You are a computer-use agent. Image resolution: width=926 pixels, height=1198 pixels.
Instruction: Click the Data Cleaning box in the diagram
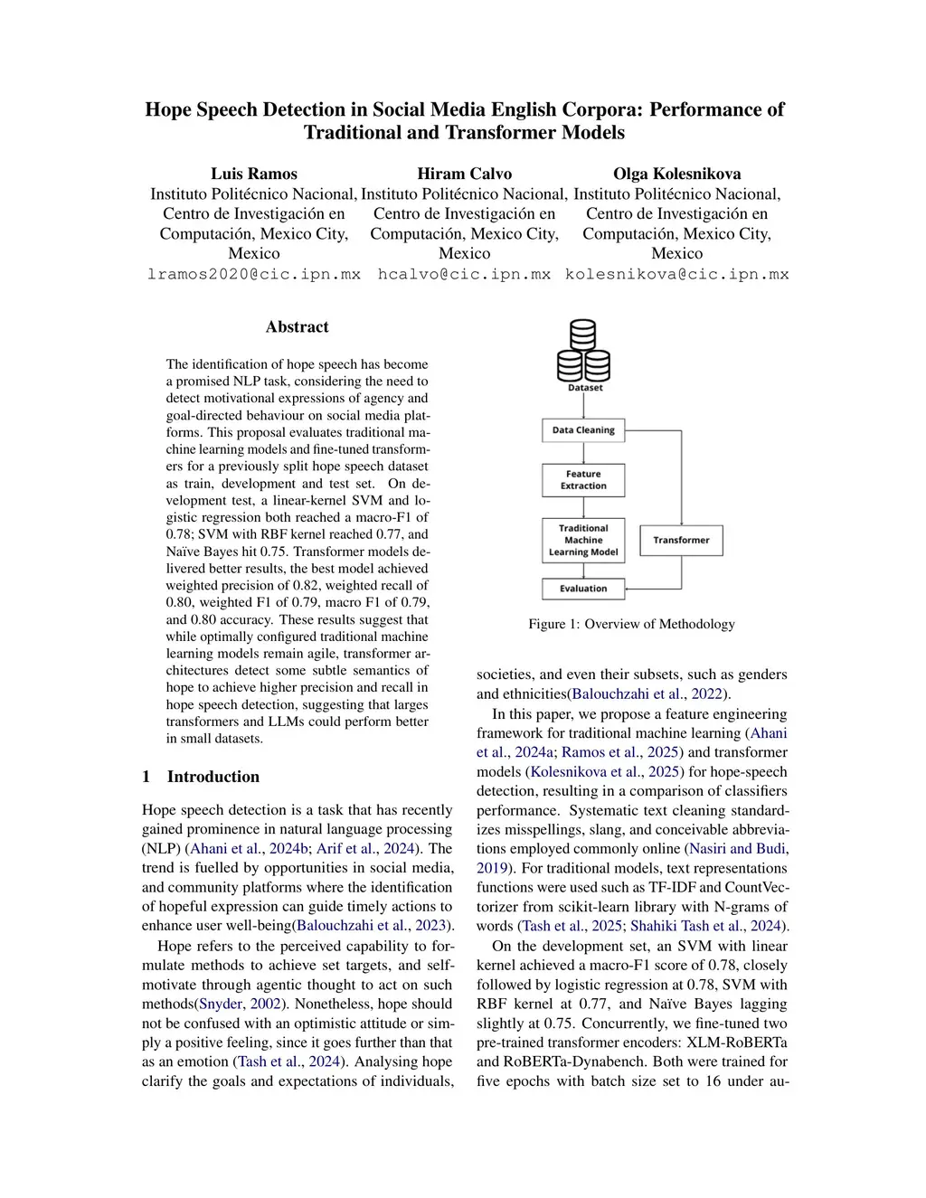pyautogui.click(x=583, y=430)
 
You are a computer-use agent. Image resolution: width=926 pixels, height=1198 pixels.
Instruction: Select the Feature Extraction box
pyautogui.click(x=583, y=480)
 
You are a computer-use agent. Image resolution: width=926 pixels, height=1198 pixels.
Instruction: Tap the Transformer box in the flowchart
pyautogui.click(x=681, y=541)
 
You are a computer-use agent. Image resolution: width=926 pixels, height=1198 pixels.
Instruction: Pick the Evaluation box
pyautogui.click(x=583, y=589)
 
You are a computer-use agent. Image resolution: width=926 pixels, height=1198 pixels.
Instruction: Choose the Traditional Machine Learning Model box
pyautogui.click(x=583, y=541)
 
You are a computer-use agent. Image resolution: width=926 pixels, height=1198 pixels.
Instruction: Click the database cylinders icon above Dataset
pyautogui.click(x=583, y=351)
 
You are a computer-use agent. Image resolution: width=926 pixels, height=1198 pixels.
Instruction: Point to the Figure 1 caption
pyautogui.click(x=631, y=624)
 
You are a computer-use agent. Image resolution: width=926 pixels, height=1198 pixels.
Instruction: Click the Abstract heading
pyautogui.click(x=297, y=327)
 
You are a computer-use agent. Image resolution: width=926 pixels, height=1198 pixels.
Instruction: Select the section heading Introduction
pyautogui.click(x=213, y=777)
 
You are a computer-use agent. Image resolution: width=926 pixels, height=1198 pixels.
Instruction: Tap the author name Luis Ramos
pyautogui.click(x=254, y=174)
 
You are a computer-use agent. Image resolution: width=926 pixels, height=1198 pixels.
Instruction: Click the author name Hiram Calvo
pyautogui.click(x=465, y=174)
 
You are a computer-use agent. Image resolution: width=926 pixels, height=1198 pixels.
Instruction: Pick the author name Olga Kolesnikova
pyautogui.click(x=676, y=174)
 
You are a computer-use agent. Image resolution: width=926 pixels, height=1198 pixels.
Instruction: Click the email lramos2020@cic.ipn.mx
pyautogui.click(x=254, y=274)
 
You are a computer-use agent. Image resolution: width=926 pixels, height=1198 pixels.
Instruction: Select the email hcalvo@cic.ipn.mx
pyautogui.click(x=464, y=274)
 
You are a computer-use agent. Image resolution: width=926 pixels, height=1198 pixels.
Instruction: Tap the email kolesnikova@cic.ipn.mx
pyautogui.click(x=676, y=274)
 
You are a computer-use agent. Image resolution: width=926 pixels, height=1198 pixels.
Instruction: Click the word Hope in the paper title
pyautogui.click(x=168, y=110)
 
